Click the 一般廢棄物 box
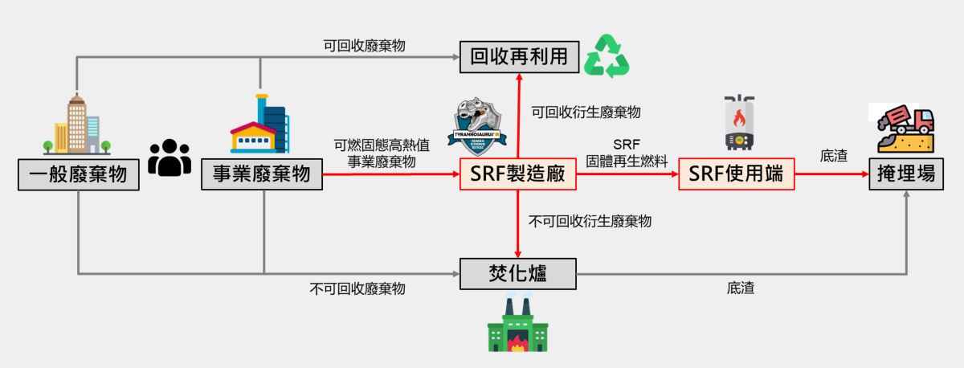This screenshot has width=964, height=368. pos(78,174)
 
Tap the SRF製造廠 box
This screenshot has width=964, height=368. pos(518,174)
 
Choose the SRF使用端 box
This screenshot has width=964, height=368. pos(737,174)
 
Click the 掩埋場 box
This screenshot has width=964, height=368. pos(905,174)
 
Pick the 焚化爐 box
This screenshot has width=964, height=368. pos(518,273)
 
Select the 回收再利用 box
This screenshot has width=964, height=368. pos(518,56)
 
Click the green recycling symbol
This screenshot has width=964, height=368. pos(607,56)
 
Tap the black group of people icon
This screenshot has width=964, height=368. pos(170,157)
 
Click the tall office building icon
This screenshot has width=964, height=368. pos(77,125)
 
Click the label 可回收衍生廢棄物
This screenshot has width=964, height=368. pos(586,112)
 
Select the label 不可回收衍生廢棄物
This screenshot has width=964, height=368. pos(590,221)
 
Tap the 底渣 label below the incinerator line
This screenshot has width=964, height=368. pos(740,288)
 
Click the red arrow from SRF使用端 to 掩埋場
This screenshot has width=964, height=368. pos(831,174)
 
